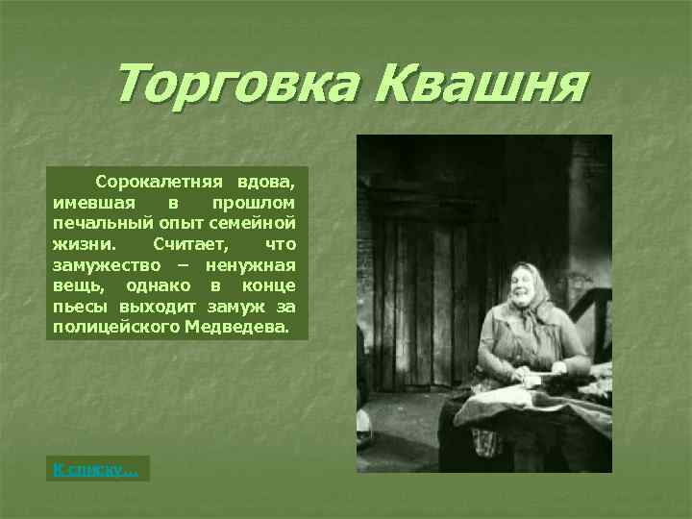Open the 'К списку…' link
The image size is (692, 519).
pos(95,469)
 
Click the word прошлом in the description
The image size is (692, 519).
pos(253,202)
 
